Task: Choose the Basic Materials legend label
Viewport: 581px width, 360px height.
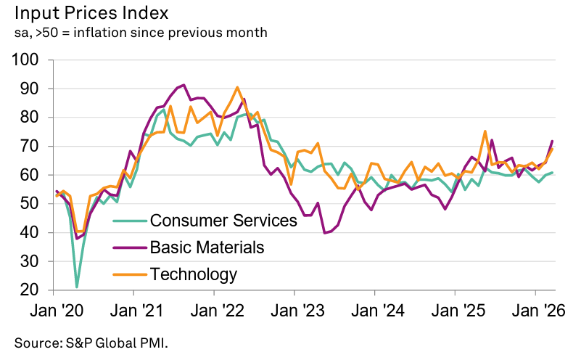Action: point(207,247)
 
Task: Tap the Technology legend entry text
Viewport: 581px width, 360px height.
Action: point(193,274)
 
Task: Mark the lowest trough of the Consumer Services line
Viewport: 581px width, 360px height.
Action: point(77,287)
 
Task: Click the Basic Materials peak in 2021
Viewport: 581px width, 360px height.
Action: point(184,85)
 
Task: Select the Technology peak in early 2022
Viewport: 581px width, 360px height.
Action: point(238,88)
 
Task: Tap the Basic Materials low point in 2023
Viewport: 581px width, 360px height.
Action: point(324,233)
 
